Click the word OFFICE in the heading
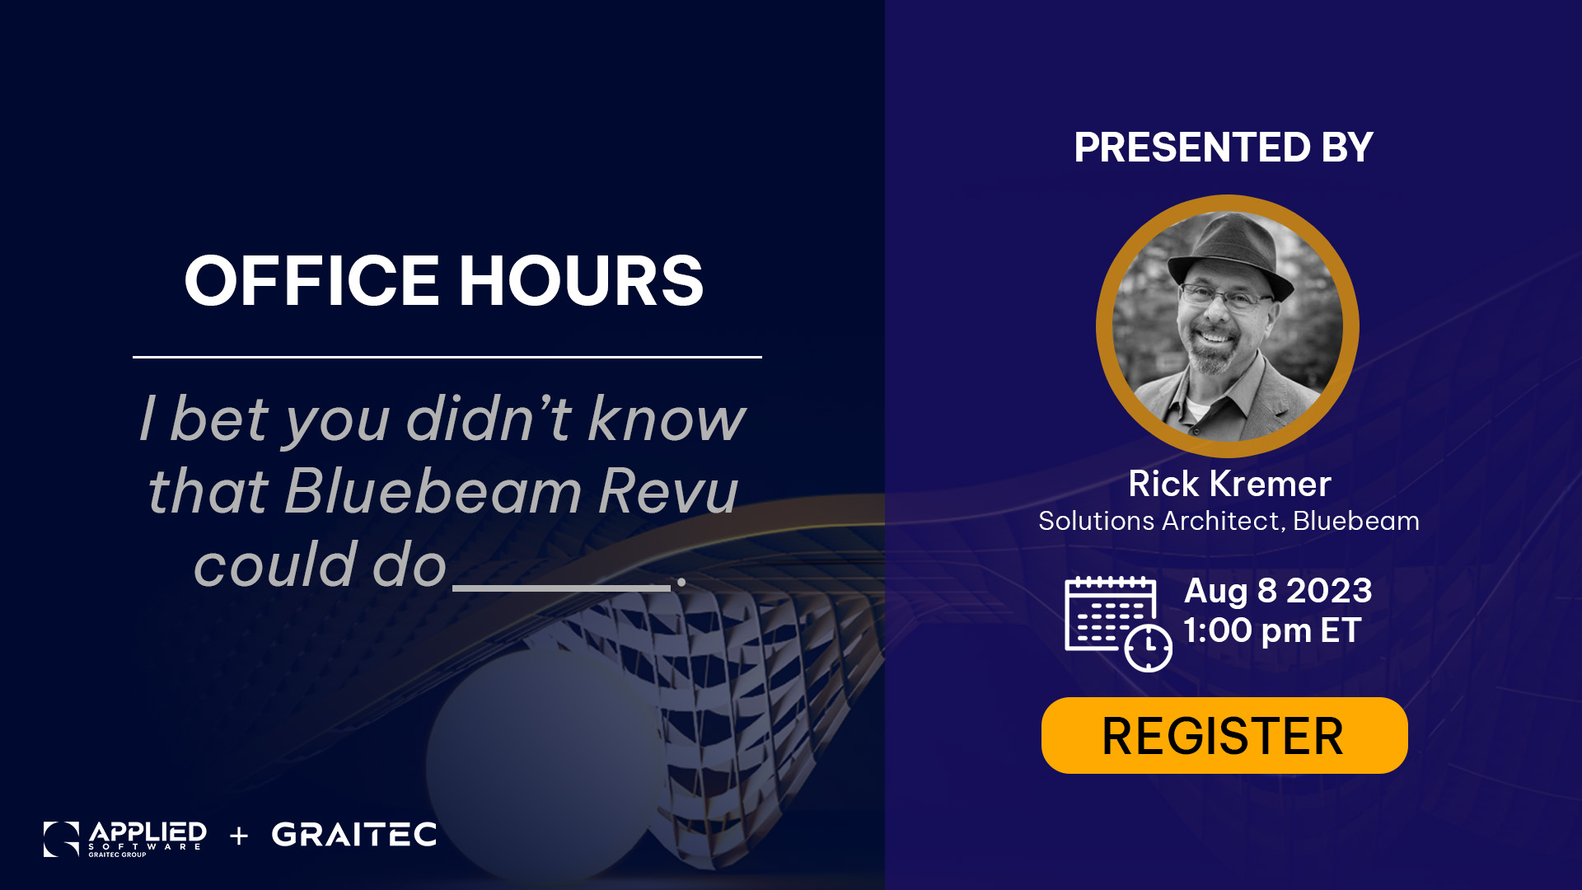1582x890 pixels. click(311, 280)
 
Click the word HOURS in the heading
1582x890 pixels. click(581, 280)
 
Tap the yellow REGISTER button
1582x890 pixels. click(1224, 735)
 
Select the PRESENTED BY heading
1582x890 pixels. click(1224, 148)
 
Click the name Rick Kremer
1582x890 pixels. click(1229, 484)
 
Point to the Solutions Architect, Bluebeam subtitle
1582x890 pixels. click(1229, 521)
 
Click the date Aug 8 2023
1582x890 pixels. click(1278, 591)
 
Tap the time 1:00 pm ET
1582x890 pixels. click(1272, 631)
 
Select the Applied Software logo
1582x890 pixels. click(125, 839)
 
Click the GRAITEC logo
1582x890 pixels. click(354, 835)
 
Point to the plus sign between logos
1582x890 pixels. click(239, 836)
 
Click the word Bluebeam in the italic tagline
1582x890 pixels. click(433, 492)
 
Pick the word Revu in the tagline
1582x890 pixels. click(668, 492)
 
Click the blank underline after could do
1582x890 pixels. click(562, 588)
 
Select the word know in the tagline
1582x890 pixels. click(667, 419)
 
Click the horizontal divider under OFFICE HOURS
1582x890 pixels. click(447, 357)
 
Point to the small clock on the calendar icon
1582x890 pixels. click(1149, 649)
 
